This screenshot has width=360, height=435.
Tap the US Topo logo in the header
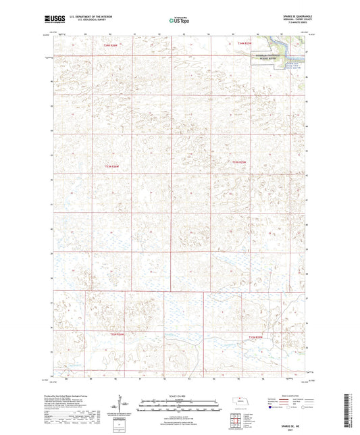tap(178, 20)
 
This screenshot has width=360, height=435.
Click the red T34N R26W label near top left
tap(111, 45)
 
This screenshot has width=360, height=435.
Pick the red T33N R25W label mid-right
tap(240, 162)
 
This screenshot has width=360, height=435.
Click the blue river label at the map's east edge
tap(292, 66)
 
